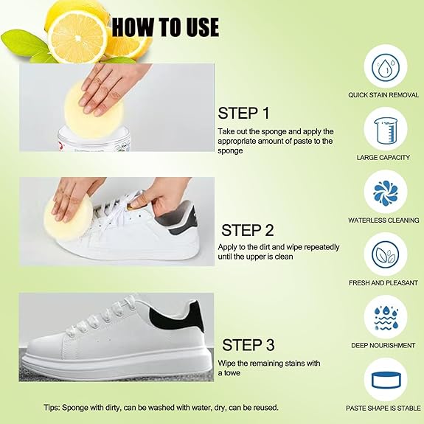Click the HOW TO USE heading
click(x=165, y=27)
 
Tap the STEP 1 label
click(x=244, y=113)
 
